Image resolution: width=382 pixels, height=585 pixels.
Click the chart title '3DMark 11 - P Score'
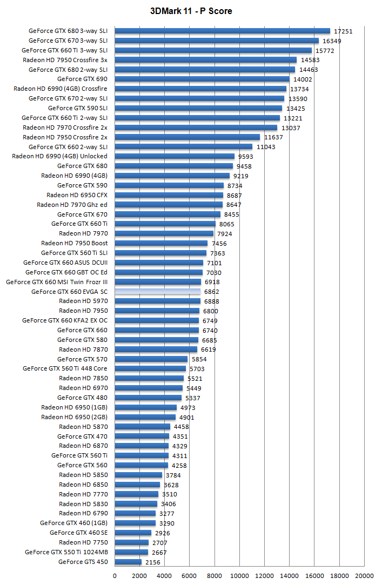191,11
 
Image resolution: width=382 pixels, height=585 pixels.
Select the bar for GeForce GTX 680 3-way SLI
222,31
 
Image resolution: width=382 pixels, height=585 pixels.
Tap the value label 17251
343,31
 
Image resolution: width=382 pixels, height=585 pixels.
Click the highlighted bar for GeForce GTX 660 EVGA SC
157,292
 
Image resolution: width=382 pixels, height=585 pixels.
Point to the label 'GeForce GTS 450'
83,562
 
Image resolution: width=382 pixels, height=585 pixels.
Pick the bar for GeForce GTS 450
128,562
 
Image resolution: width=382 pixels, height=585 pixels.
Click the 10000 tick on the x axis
239,576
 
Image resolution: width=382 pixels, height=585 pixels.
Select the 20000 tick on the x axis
364,576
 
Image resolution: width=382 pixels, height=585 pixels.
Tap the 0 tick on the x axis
115,576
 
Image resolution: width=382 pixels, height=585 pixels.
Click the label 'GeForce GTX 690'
82,79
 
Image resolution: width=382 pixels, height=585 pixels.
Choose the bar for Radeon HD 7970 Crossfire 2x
196,127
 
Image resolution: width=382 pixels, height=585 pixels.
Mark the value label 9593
246,157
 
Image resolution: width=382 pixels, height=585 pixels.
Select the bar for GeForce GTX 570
151,359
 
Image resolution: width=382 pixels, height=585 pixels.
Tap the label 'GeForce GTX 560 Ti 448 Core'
65,369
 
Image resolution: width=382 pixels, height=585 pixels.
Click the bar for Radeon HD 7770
136,494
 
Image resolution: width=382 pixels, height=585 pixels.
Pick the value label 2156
153,562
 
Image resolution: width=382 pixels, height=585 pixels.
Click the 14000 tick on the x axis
290,576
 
